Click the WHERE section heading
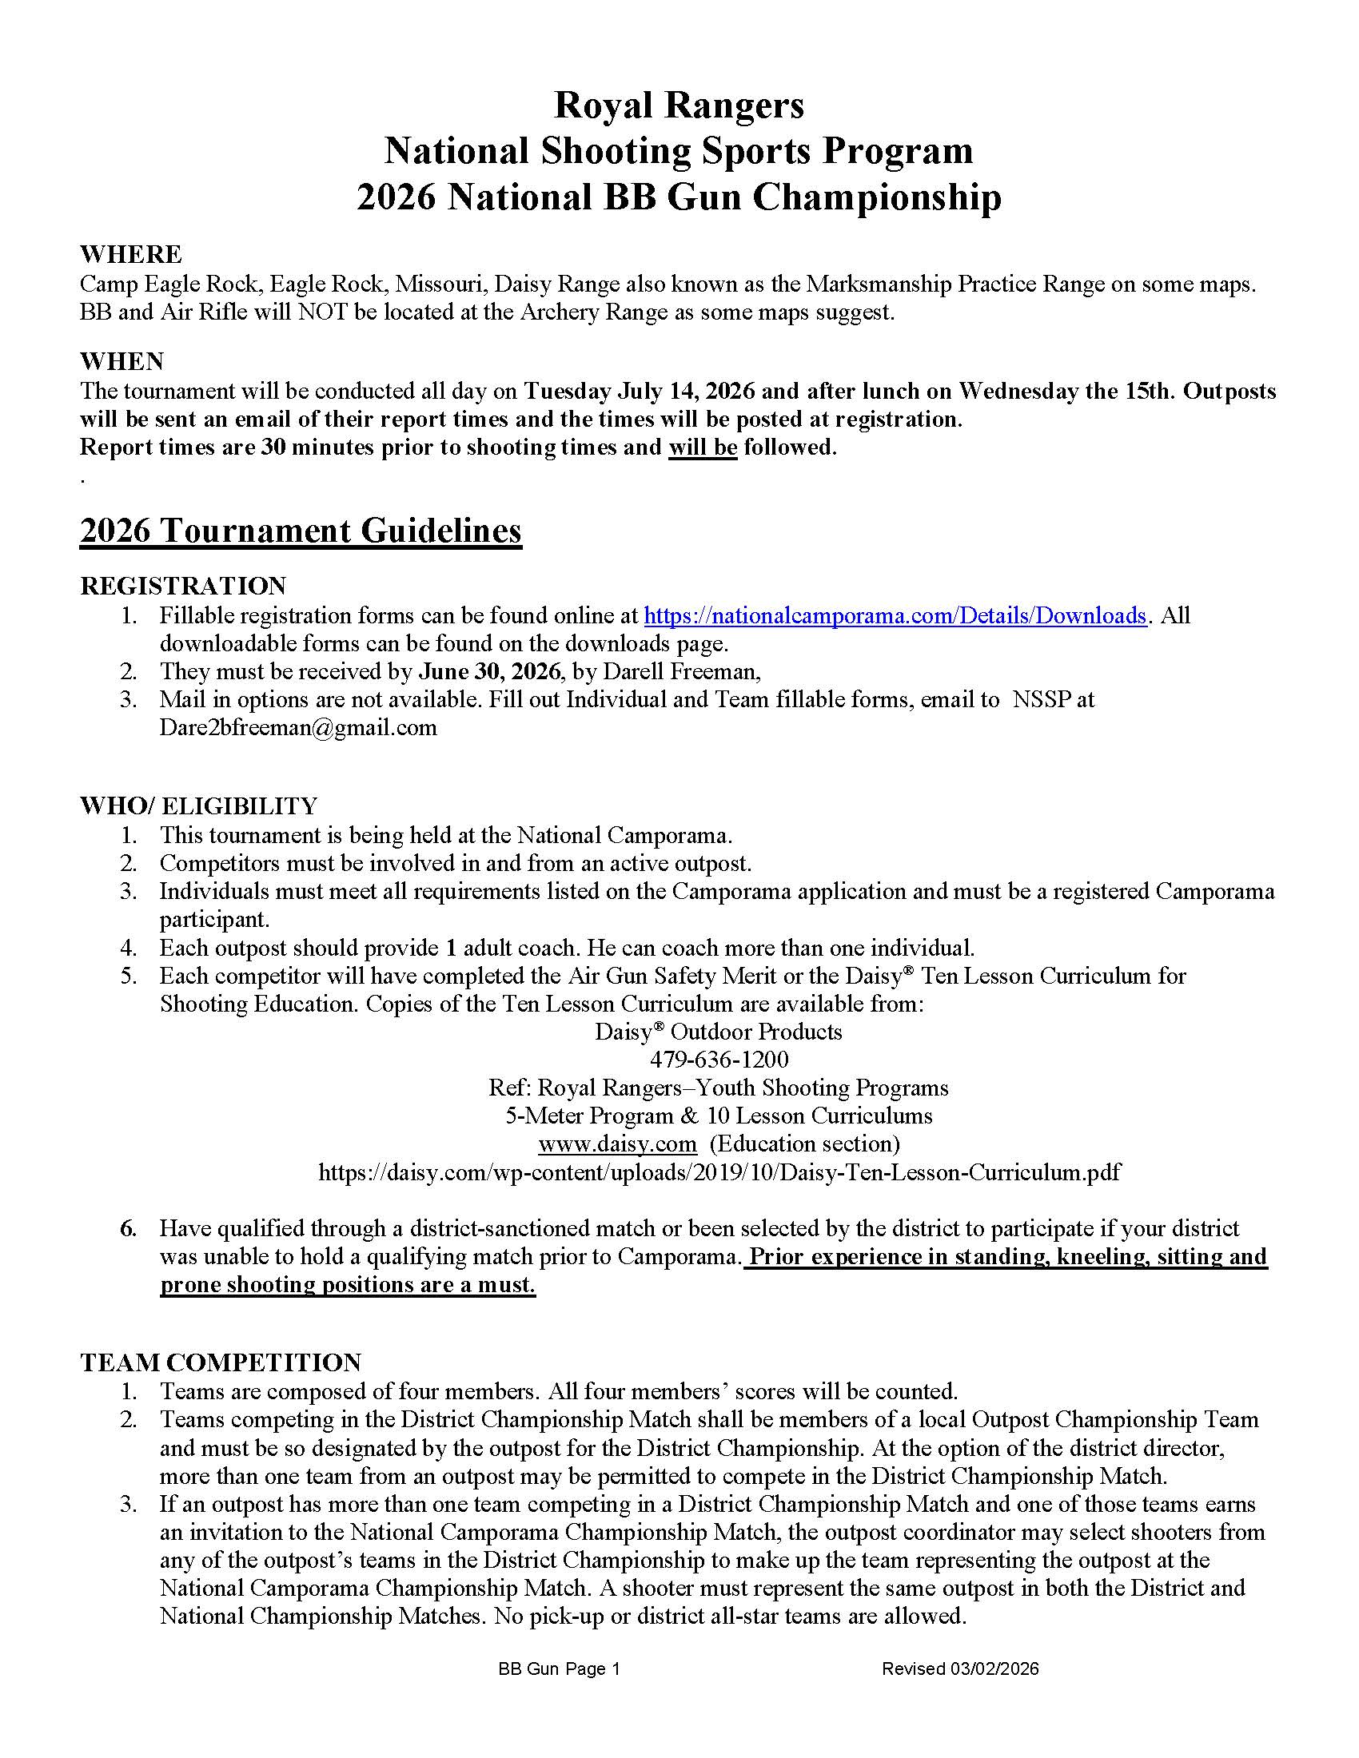pos(130,254)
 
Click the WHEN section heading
pos(122,361)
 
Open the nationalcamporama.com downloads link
pos(895,616)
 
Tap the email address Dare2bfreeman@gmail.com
pos(298,728)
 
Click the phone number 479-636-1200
pos(719,1060)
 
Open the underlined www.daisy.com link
pos(616,1143)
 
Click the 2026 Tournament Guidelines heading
pos(301,531)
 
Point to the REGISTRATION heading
pos(183,585)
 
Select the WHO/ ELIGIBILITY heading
pos(198,805)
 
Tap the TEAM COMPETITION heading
pos(221,1362)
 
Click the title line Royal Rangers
pos(679,105)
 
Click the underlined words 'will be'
pos(702,447)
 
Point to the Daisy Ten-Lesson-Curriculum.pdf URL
pos(719,1172)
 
